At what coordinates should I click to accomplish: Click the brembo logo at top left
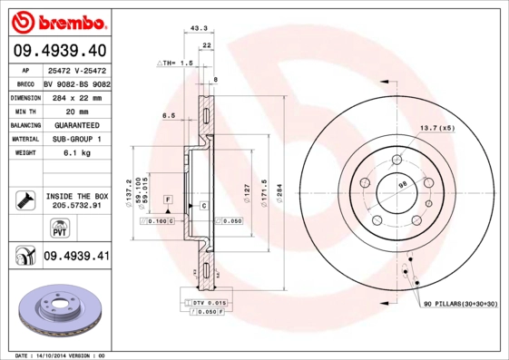point(57,20)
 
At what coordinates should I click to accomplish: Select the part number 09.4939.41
point(76,257)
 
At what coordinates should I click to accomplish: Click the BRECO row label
point(24,83)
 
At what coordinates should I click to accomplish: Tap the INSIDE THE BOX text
point(76,196)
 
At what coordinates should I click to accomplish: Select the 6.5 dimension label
point(168,116)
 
